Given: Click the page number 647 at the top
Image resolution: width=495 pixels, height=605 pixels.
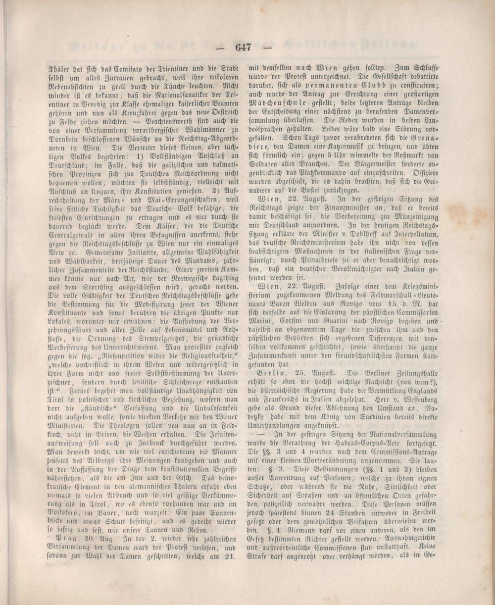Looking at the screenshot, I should pyautogui.click(x=245, y=48).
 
